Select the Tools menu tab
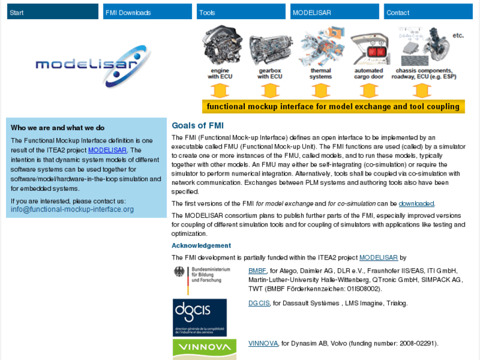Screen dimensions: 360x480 coord(240,12)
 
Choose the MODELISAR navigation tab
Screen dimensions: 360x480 coord(335,12)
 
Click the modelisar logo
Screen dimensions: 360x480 coord(86,65)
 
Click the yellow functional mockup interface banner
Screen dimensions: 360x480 coord(333,106)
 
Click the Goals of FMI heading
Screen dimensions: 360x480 coord(197,126)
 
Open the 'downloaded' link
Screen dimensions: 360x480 coord(416,203)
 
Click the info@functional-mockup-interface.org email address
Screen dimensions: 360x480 coord(72,209)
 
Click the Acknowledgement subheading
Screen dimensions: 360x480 coord(201,246)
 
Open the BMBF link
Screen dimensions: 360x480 coord(257,271)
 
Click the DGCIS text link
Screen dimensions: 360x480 coord(259,303)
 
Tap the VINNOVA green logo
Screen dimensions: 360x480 coord(204,349)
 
